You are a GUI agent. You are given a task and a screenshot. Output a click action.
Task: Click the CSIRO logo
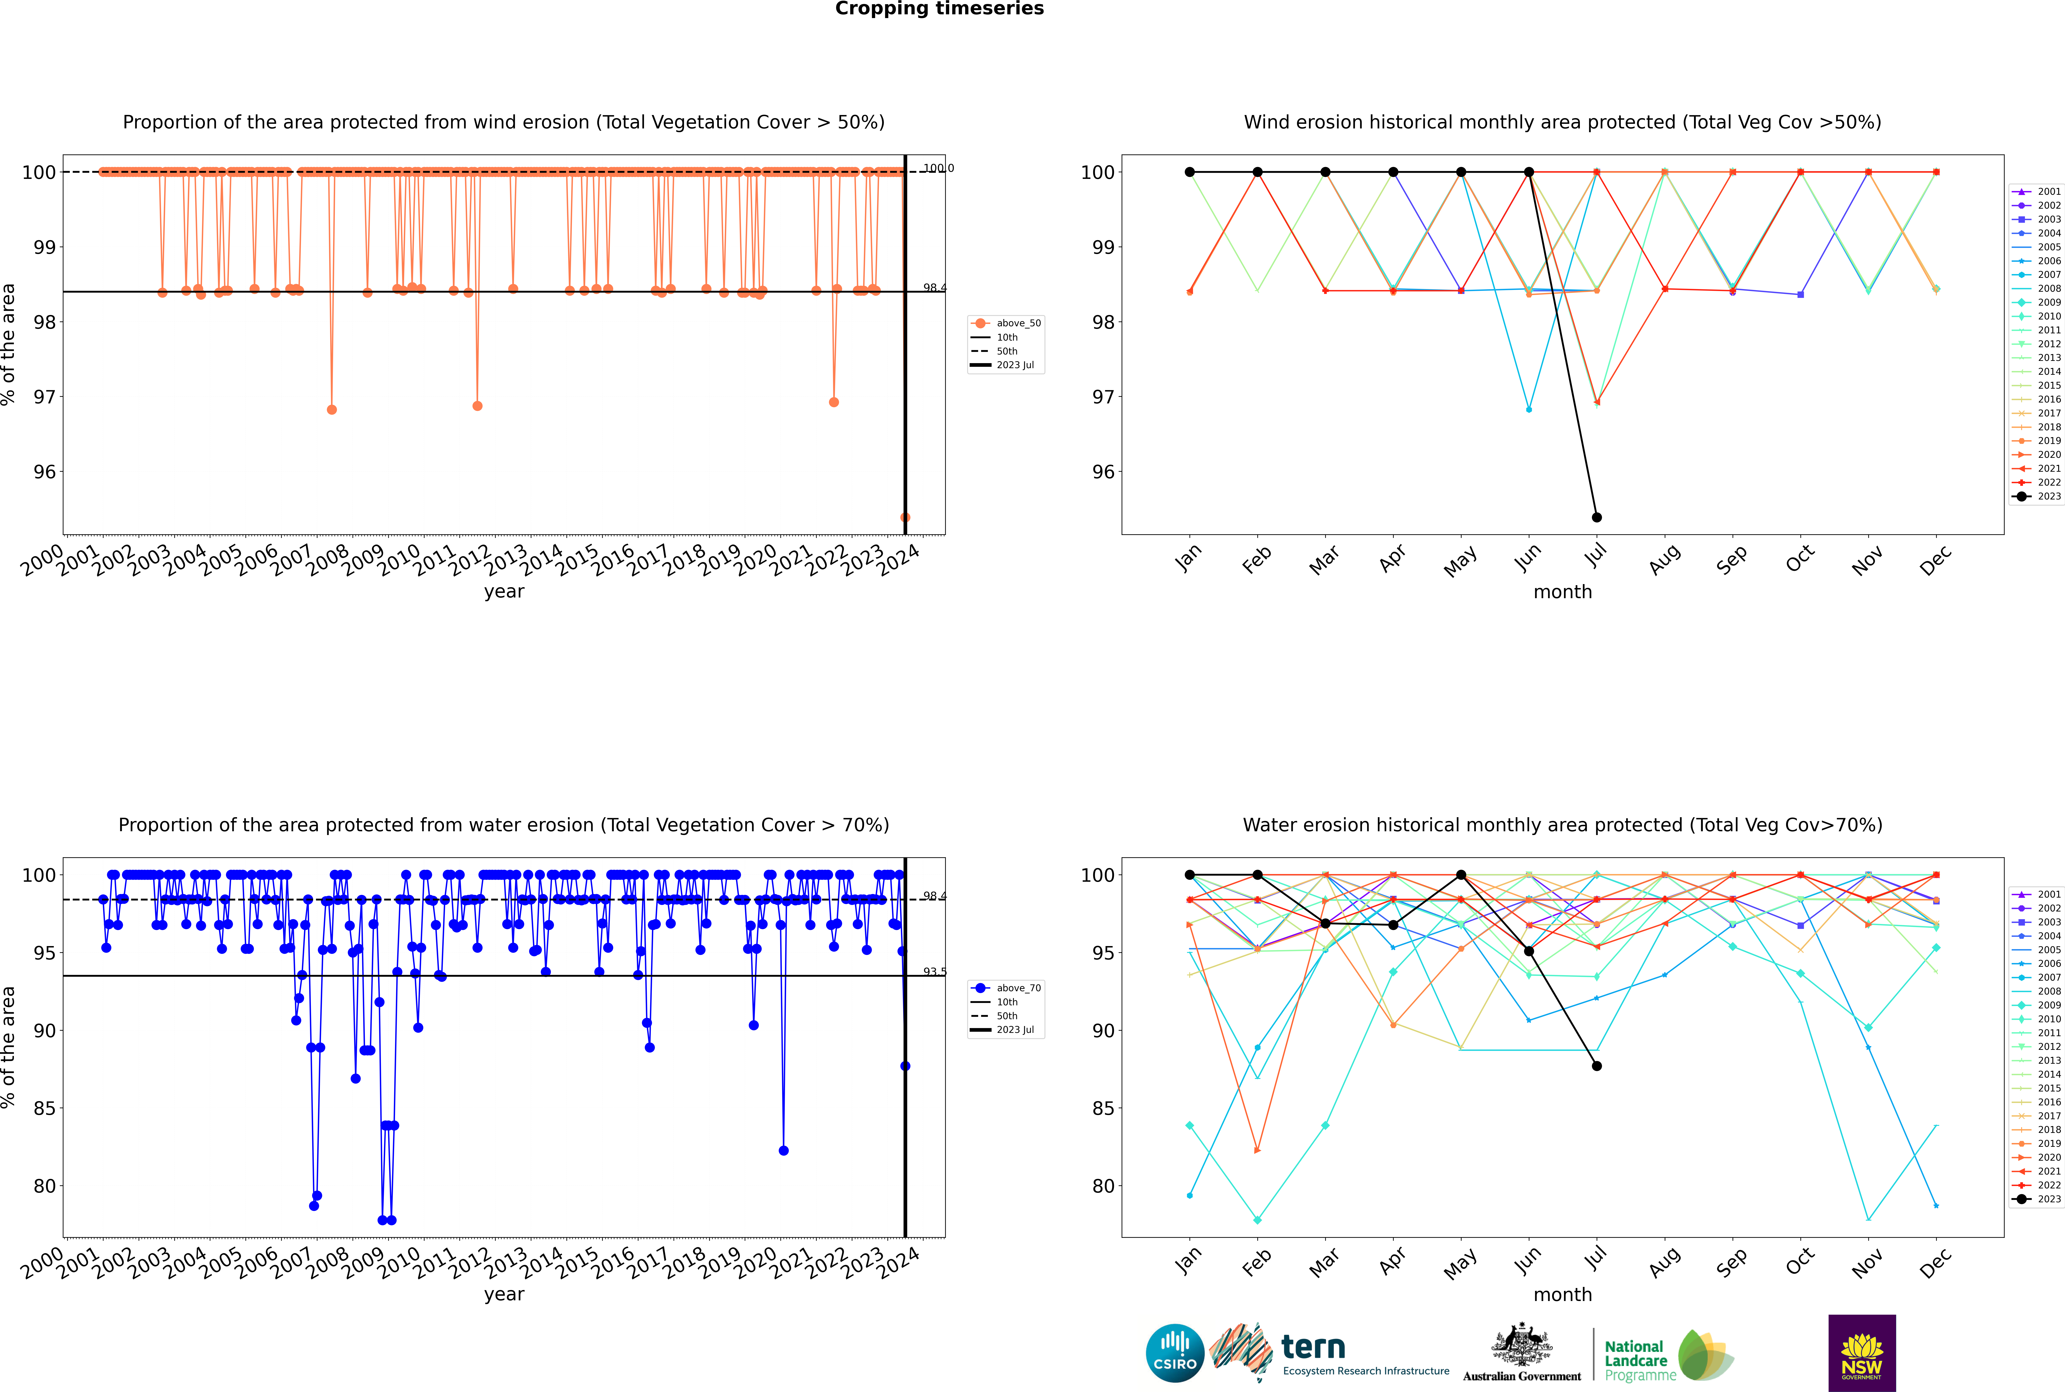[x=1174, y=1353]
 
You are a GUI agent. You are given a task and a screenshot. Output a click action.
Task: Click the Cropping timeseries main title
[x=939, y=9]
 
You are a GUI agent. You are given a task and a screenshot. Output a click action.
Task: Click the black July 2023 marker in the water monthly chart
[x=1596, y=1065]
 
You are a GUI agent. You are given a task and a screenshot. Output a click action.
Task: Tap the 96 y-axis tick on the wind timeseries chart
[x=44, y=471]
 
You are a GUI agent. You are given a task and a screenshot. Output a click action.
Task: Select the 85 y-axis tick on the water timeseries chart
[x=44, y=1108]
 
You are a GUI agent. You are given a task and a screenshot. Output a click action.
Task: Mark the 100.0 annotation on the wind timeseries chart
[x=938, y=168]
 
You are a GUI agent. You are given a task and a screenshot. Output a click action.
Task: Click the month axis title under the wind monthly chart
[x=1562, y=592]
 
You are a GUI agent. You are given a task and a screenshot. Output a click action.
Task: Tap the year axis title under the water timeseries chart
[x=504, y=1294]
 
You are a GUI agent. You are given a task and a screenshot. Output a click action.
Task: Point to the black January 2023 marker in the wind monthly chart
[x=1190, y=172]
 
